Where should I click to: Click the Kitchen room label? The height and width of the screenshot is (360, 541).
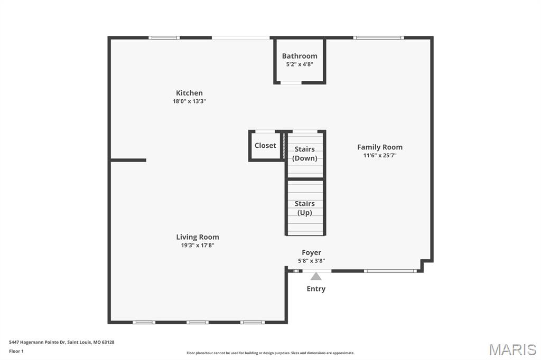pyautogui.click(x=189, y=93)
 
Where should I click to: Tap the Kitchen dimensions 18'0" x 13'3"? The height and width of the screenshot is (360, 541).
pyautogui.click(x=189, y=101)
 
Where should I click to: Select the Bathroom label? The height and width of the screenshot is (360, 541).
pyautogui.click(x=300, y=56)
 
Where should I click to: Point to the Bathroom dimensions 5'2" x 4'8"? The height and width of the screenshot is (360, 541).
pyautogui.click(x=300, y=64)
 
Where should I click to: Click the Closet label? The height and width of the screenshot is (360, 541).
pyautogui.click(x=265, y=146)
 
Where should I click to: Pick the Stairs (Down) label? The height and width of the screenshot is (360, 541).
pyautogui.click(x=305, y=154)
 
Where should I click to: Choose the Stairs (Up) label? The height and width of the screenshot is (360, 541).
pyautogui.click(x=305, y=208)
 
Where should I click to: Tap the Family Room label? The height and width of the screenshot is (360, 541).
pyautogui.click(x=380, y=147)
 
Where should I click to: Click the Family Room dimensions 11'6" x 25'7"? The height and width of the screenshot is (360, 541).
pyautogui.click(x=380, y=156)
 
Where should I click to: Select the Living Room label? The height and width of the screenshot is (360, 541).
pyautogui.click(x=198, y=237)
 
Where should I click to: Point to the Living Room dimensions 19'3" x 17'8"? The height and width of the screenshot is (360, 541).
pyautogui.click(x=198, y=245)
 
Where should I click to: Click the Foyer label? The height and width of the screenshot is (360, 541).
pyautogui.click(x=312, y=253)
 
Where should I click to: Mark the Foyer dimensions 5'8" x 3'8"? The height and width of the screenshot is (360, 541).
pyautogui.click(x=312, y=261)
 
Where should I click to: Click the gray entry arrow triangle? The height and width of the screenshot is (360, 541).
pyautogui.click(x=316, y=277)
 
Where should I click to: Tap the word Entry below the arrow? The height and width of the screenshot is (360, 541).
pyautogui.click(x=316, y=289)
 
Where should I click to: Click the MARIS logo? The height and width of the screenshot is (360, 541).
pyautogui.click(x=512, y=349)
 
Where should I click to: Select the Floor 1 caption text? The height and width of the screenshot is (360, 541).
pyautogui.click(x=16, y=352)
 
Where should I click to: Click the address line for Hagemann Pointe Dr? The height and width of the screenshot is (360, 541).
pyautogui.click(x=61, y=343)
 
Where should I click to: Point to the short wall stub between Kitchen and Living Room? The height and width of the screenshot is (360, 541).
pyautogui.click(x=128, y=160)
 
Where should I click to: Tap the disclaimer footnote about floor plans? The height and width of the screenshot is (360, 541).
pyautogui.click(x=270, y=353)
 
